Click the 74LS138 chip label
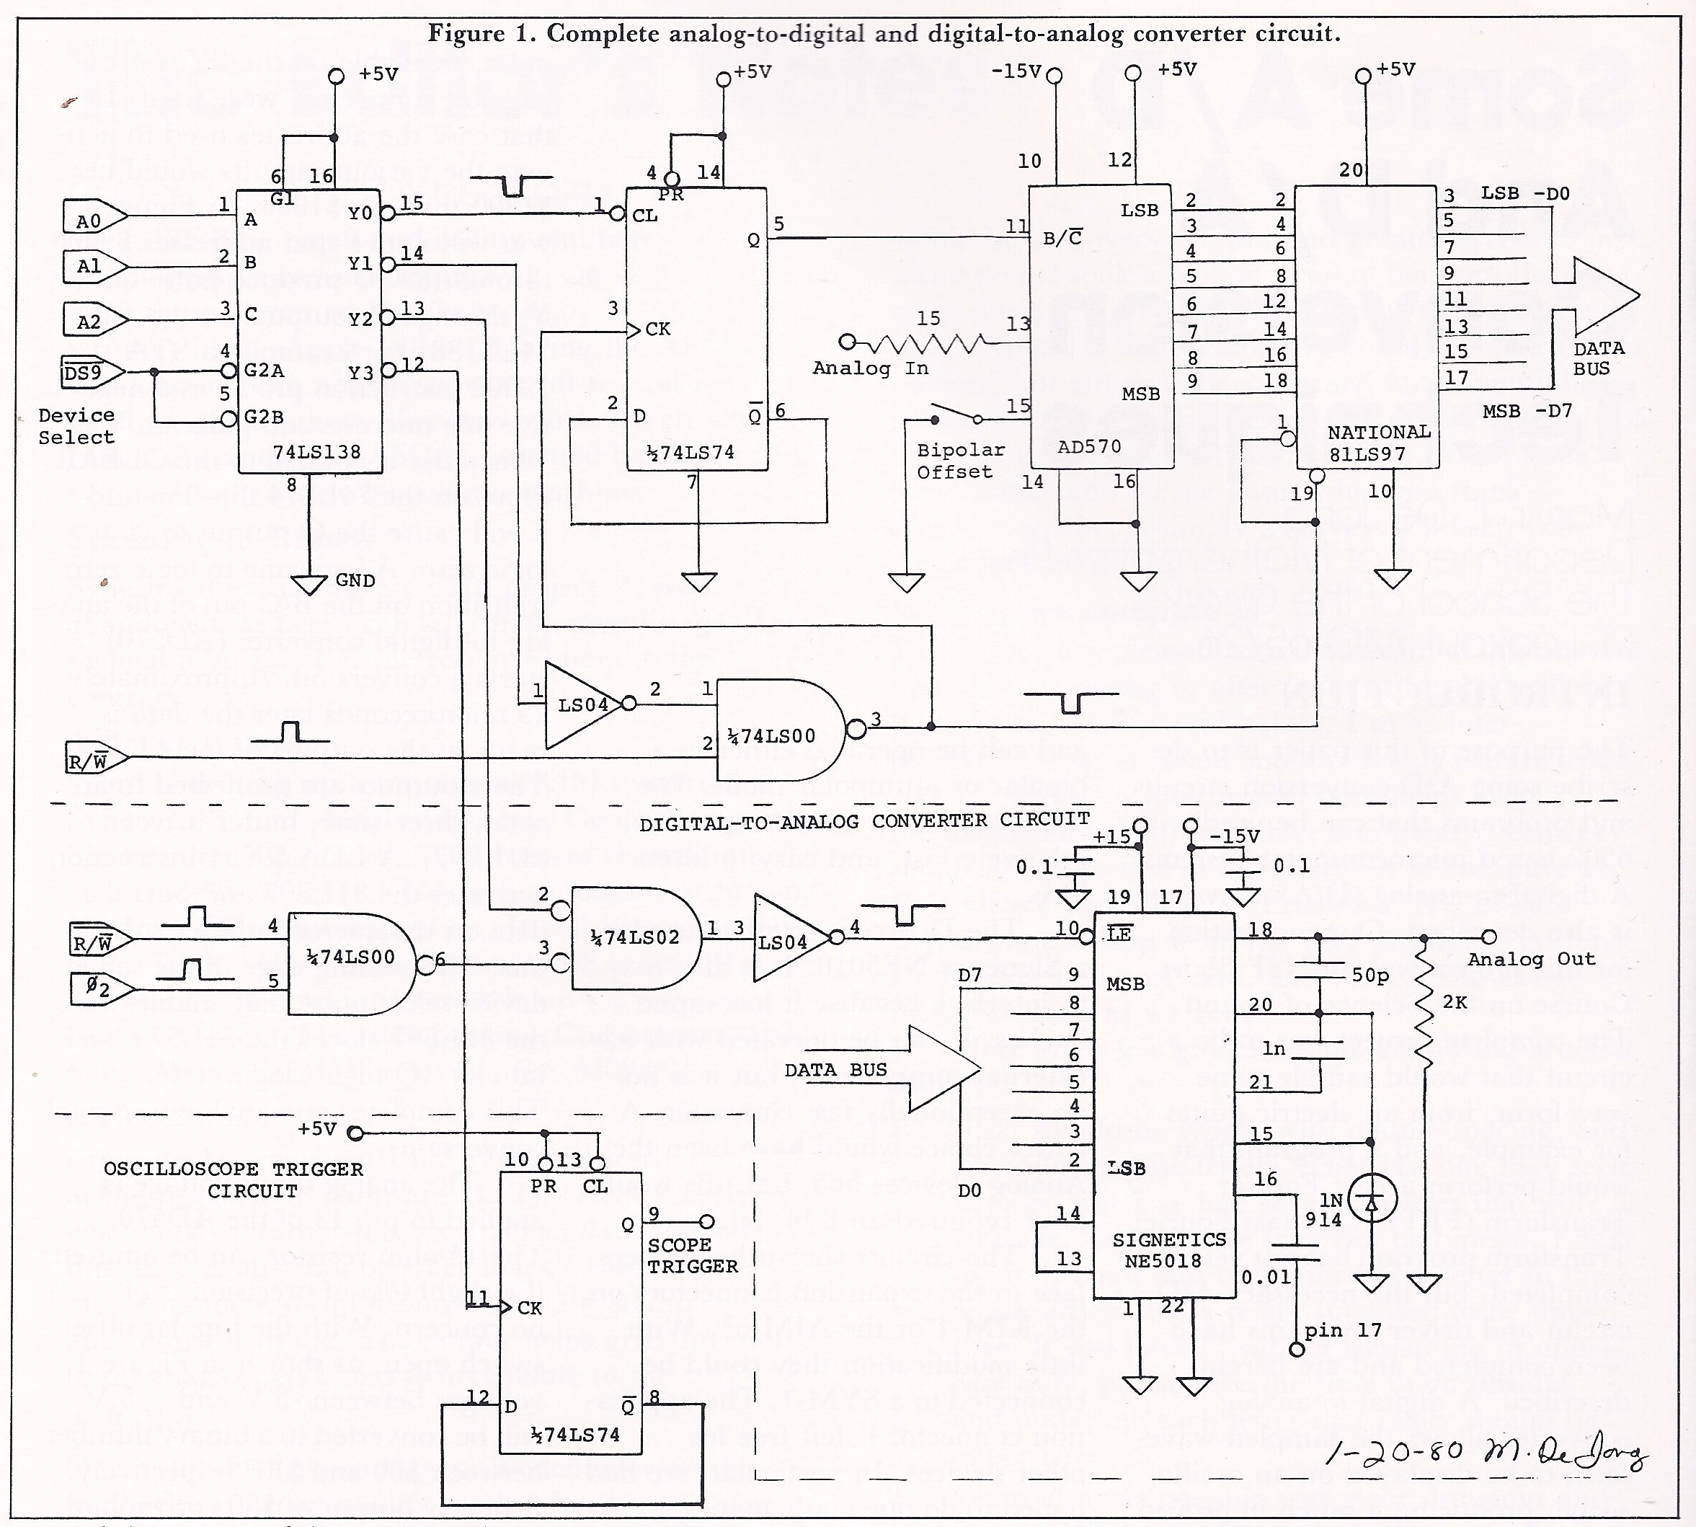point(316,452)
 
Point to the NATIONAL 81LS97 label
point(1378,443)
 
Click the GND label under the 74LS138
point(354,580)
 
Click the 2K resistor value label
point(1455,1003)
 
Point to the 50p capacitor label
point(1370,975)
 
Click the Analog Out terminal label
point(1531,959)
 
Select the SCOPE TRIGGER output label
point(692,1255)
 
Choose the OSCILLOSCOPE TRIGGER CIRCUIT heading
point(234,1179)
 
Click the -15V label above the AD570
point(1015,71)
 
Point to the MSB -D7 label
point(1527,411)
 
